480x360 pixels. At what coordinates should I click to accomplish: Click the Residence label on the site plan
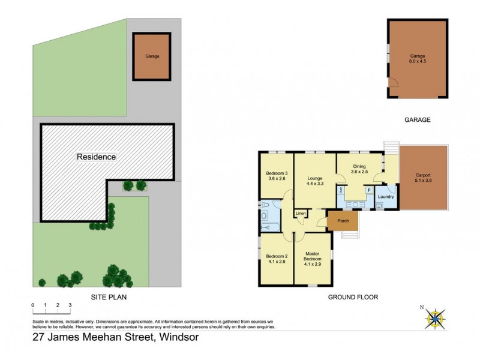pyautogui.click(x=96, y=157)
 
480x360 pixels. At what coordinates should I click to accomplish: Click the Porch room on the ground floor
pyautogui.click(x=343, y=220)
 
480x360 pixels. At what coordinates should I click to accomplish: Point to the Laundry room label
pyautogui.click(x=386, y=196)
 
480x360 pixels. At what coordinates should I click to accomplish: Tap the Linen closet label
pyautogui.click(x=301, y=214)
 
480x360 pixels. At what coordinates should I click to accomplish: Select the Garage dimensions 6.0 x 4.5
pyautogui.click(x=417, y=60)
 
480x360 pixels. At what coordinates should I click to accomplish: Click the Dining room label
pyautogui.click(x=359, y=166)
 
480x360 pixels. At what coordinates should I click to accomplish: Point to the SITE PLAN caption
pyautogui.click(x=108, y=297)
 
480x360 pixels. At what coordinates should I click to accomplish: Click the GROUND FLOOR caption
pyautogui.click(x=353, y=297)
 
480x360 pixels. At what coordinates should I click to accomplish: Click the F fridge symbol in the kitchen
pyautogui.click(x=368, y=190)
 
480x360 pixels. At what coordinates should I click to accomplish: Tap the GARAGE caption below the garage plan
pyautogui.click(x=418, y=120)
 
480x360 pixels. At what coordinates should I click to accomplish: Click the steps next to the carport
pyautogui.click(x=391, y=147)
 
